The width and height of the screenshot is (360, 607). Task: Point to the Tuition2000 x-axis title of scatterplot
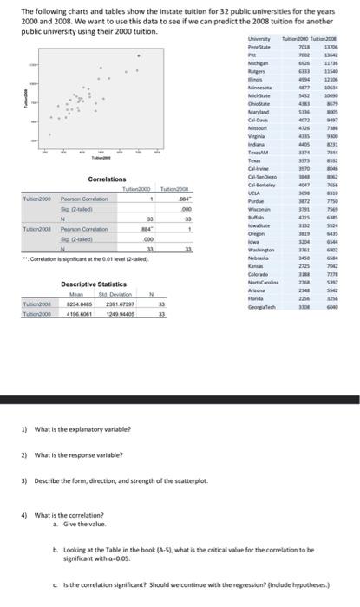(104, 159)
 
